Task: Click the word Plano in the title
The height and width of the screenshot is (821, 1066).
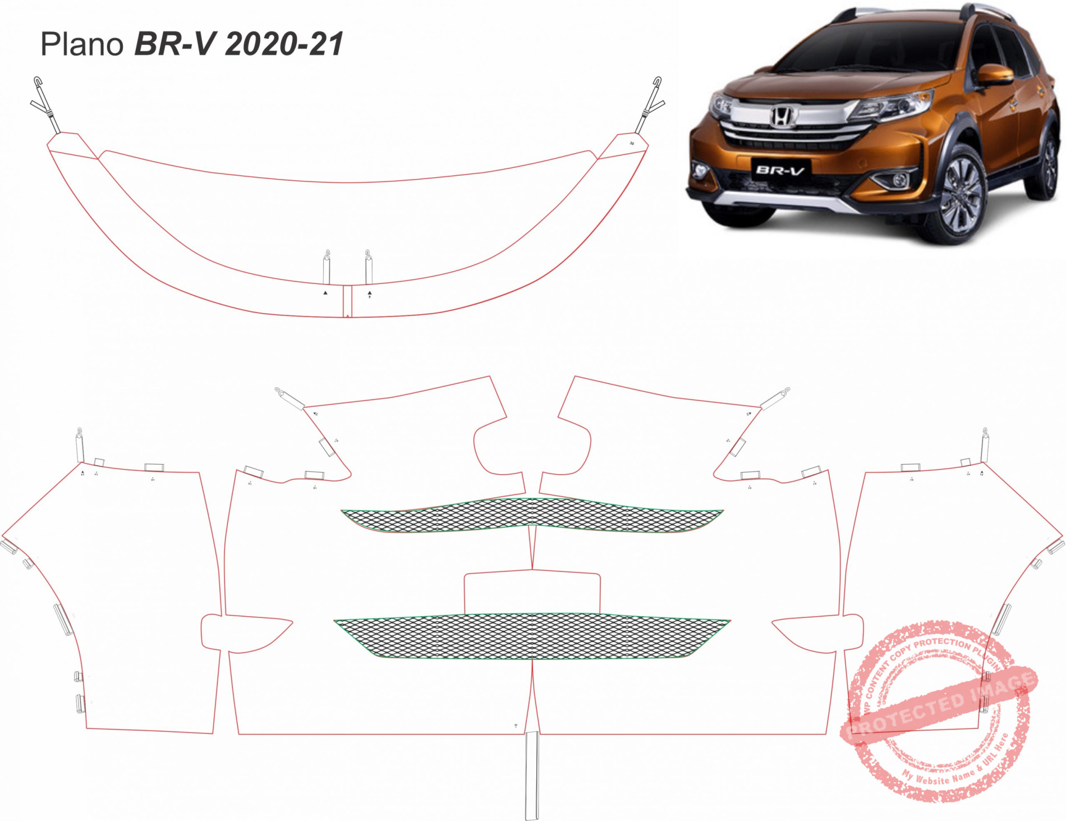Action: (82, 44)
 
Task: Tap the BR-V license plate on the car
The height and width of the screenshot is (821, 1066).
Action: (780, 169)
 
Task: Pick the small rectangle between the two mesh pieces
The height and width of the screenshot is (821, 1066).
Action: (532, 593)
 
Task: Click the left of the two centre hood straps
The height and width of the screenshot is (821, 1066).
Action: (327, 268)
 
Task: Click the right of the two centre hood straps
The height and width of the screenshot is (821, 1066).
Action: (369, 268)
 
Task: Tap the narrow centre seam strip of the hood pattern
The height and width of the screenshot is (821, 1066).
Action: (348, 301)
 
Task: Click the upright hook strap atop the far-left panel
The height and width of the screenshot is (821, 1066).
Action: (80, 446)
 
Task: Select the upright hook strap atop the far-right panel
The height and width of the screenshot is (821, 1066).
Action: (985, 446)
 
